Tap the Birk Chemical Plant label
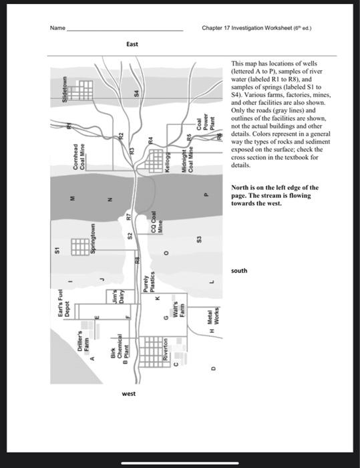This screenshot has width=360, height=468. pyautogui.click(x=118, y=352)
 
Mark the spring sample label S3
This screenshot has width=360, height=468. pyautogui.click(x=198, y=239)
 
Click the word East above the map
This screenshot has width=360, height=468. pyautogui.click(x=132, y=44)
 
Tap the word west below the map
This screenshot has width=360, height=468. pyautogui.click(x=129, y=394)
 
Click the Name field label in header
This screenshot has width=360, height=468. pyautogui.click(x=58, y=28)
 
